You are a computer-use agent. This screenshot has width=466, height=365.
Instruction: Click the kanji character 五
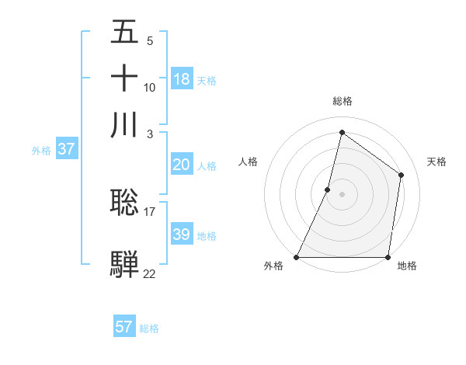click(x=124, y=32)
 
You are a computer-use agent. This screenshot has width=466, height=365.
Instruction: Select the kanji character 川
click(x=124, y=125)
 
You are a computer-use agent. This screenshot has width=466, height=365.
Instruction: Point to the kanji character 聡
click(x=124, y=203)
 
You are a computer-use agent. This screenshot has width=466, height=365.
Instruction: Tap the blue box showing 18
click(x=182, y=79)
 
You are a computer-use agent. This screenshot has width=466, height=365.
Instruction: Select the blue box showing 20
click(x=182, y=165)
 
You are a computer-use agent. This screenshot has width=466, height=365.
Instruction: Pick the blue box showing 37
click(x=66, y=150)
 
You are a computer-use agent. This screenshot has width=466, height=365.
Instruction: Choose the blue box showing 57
click(x=124, y=327)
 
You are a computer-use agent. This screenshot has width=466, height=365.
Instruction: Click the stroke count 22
click(x=149, y=273)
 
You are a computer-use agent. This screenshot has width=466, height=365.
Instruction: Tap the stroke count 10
click(x=149, y=87)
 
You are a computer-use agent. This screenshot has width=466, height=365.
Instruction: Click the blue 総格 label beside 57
click(x=149, y=328)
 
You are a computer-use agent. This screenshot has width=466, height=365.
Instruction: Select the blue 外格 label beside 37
click(x=41, y=151)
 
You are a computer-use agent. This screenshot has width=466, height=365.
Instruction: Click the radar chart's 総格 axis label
click(x=342, y=101)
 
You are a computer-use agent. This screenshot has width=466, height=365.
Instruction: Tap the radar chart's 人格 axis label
click(x=249, y=162)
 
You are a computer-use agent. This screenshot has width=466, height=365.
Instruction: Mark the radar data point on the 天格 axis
click(x=401, y=175)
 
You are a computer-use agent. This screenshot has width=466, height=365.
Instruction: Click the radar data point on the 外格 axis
click(x=297, y=257)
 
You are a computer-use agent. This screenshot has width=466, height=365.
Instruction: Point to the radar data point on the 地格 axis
click(x=388, y=257)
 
